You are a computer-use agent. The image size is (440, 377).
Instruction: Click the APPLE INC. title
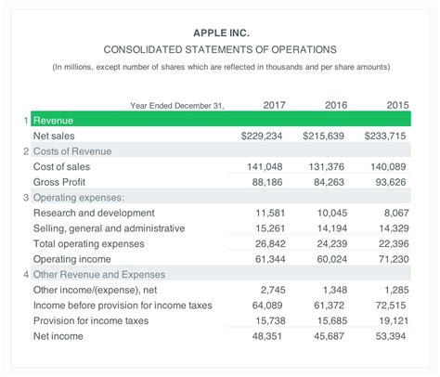coord(220,32)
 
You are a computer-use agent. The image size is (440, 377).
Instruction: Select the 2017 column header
coord(274,105)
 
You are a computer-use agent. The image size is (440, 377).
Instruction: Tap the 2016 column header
coord(335,105)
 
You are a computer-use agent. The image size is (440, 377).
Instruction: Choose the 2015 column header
coord(396,105)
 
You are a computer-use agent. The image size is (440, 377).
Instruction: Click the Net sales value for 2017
coord(262,136)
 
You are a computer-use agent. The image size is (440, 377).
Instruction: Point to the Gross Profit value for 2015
coord(391,182)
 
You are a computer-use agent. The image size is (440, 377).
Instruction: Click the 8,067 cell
coord(394,213)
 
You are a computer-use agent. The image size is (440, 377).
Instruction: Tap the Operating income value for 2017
coord(267,259)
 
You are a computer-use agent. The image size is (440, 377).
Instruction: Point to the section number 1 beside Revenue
coord(25,121)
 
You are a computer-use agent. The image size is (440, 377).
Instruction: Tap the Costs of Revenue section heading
coord(72,151)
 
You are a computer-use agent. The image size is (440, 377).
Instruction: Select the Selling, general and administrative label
coord(109,228)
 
